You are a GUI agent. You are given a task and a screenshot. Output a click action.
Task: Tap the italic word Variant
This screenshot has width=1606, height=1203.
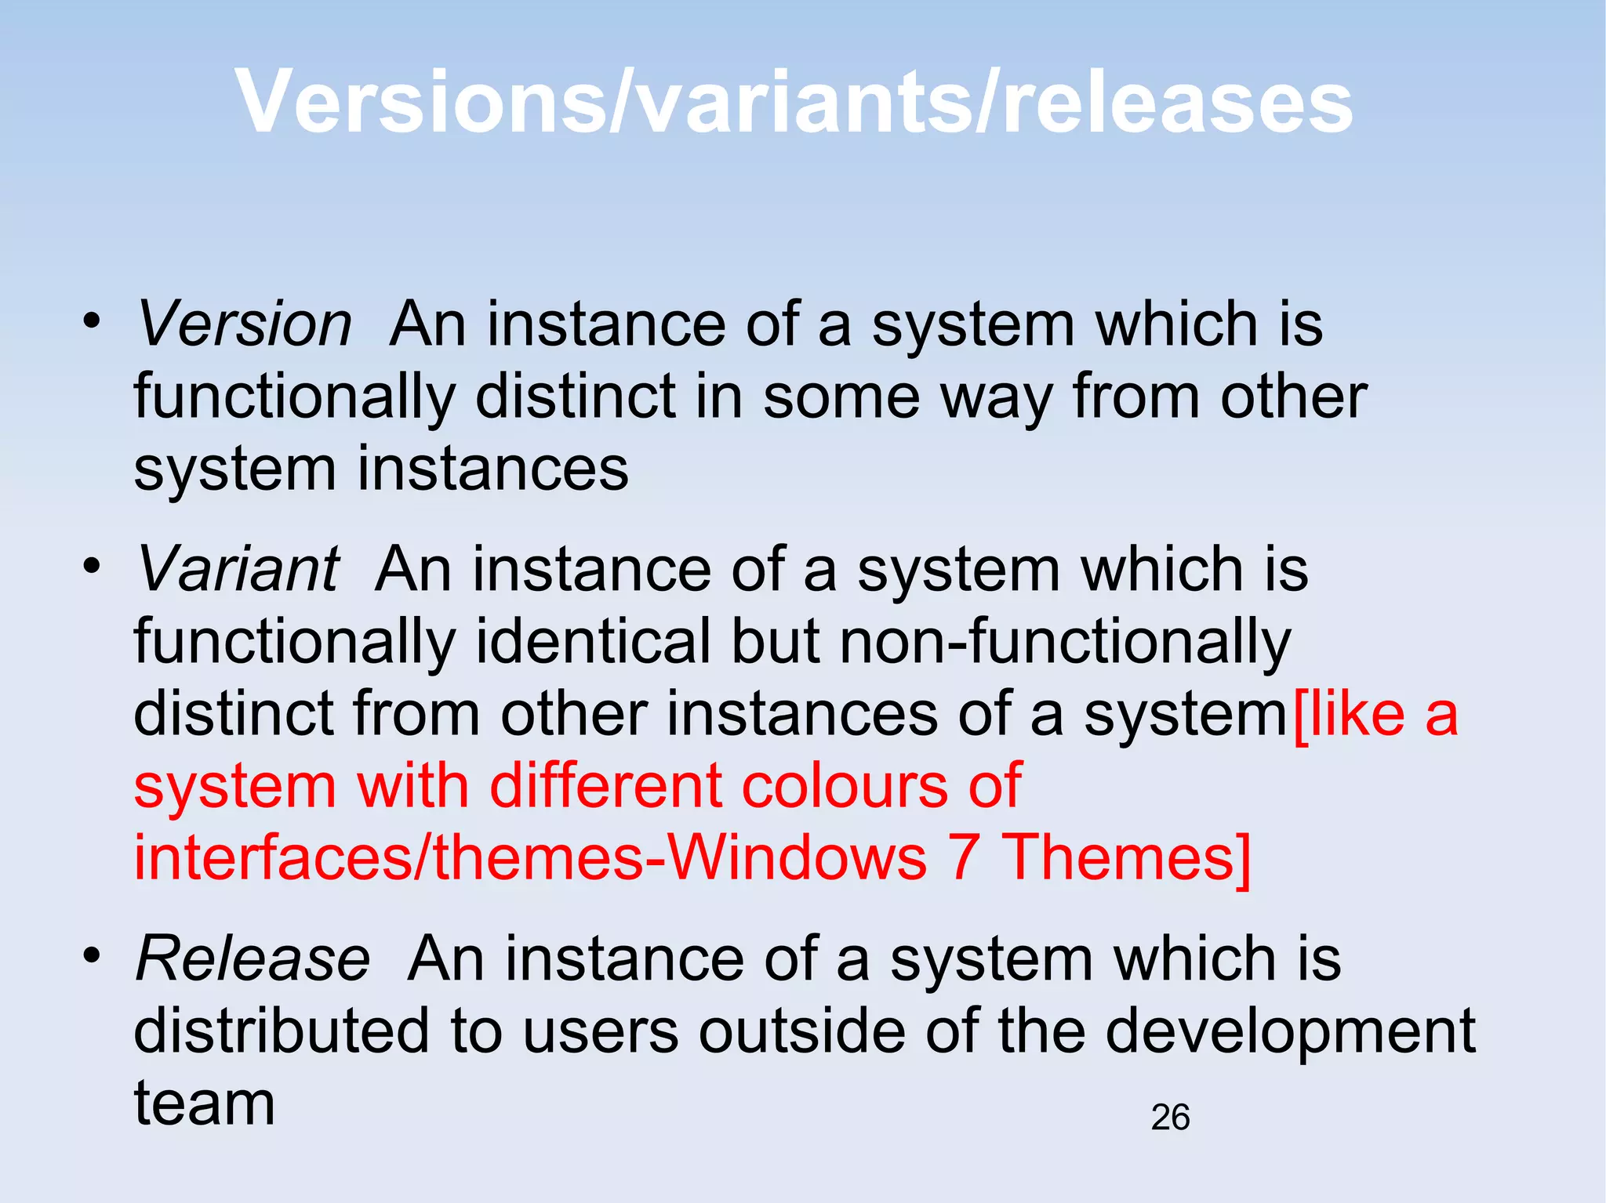[238, 569]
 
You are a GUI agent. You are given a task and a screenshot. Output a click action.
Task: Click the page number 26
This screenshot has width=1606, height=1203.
[1170, 1117]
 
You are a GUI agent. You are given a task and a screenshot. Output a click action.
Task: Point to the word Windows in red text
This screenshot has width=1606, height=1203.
[798, 857]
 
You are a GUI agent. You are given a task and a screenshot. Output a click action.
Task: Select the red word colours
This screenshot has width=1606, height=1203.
[845, 785]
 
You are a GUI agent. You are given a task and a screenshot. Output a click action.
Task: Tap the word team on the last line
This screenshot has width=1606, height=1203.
[205, 1103]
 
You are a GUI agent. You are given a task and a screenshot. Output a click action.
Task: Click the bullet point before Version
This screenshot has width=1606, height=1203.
[93, 321]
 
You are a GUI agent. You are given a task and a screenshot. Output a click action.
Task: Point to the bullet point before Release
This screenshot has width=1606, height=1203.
[93, 955]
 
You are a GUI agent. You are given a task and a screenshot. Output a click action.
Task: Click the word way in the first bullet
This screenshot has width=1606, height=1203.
[997, 398]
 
